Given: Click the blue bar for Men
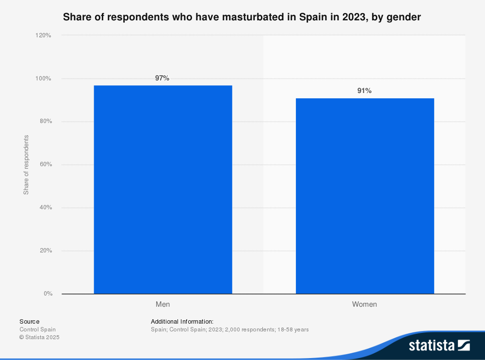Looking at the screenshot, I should [x=163, y=189].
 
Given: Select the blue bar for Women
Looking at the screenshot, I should [x=365, y=196].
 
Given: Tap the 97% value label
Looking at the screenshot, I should [x=162, y=78].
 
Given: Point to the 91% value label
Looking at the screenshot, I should [x=364, y=91].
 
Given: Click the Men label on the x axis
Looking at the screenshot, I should [x=162, y=305].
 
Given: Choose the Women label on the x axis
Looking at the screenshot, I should [x=364, y=305].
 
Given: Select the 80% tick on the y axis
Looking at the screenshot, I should [x=46, y=122].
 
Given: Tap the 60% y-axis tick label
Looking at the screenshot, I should [x=46, y=165].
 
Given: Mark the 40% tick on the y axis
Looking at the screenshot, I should [x=46, y=207].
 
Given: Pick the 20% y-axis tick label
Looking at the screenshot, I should [x=46, y=250].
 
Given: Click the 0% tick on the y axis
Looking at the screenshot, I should [x=48, y=294].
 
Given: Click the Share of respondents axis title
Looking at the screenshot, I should [x=26, y=165].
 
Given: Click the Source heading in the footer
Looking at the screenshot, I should [x=30, y=321].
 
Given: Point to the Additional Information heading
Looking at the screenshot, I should [x=182, y=321].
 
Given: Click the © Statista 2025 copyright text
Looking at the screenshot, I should [x=39, y=337].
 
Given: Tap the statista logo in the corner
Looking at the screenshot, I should [x=439, y=345].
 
